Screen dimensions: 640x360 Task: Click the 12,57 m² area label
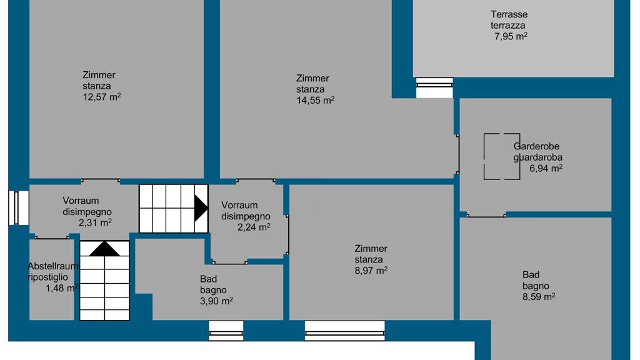click(x=102, y=97)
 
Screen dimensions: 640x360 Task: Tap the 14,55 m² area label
click(x=316, y=101)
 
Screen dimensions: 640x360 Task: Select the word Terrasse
click(x=509, y=14)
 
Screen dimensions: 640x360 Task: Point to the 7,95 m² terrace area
click(x=511, y=36)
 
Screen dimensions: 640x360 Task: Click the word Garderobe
click(x=536, y=146)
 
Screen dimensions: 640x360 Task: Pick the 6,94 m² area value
click(x=546, y=168)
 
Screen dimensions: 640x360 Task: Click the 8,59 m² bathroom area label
click(x=539, y=297)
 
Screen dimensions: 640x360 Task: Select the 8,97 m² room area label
click(x=371, y=271)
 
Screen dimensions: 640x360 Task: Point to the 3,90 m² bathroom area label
click(x=216, y=301)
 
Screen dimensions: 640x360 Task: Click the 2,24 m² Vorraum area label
click(x=254, y=227)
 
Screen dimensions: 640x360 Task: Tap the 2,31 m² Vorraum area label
click(x=95, y=223)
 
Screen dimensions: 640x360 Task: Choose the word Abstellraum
click(x=52, y=266)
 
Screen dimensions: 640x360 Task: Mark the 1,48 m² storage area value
click(x=62, y=288)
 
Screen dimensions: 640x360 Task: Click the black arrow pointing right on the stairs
click(x=201, y=209)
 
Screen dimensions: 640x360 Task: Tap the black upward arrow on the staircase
click(x=104, y=249)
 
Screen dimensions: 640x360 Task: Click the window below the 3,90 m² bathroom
click(x=226, y=331)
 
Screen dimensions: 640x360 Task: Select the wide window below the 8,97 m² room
click(x=345, y=331)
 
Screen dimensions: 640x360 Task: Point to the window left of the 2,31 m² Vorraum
click(x=19, y=207)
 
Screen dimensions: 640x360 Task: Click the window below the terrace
click(x=435, y=87)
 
